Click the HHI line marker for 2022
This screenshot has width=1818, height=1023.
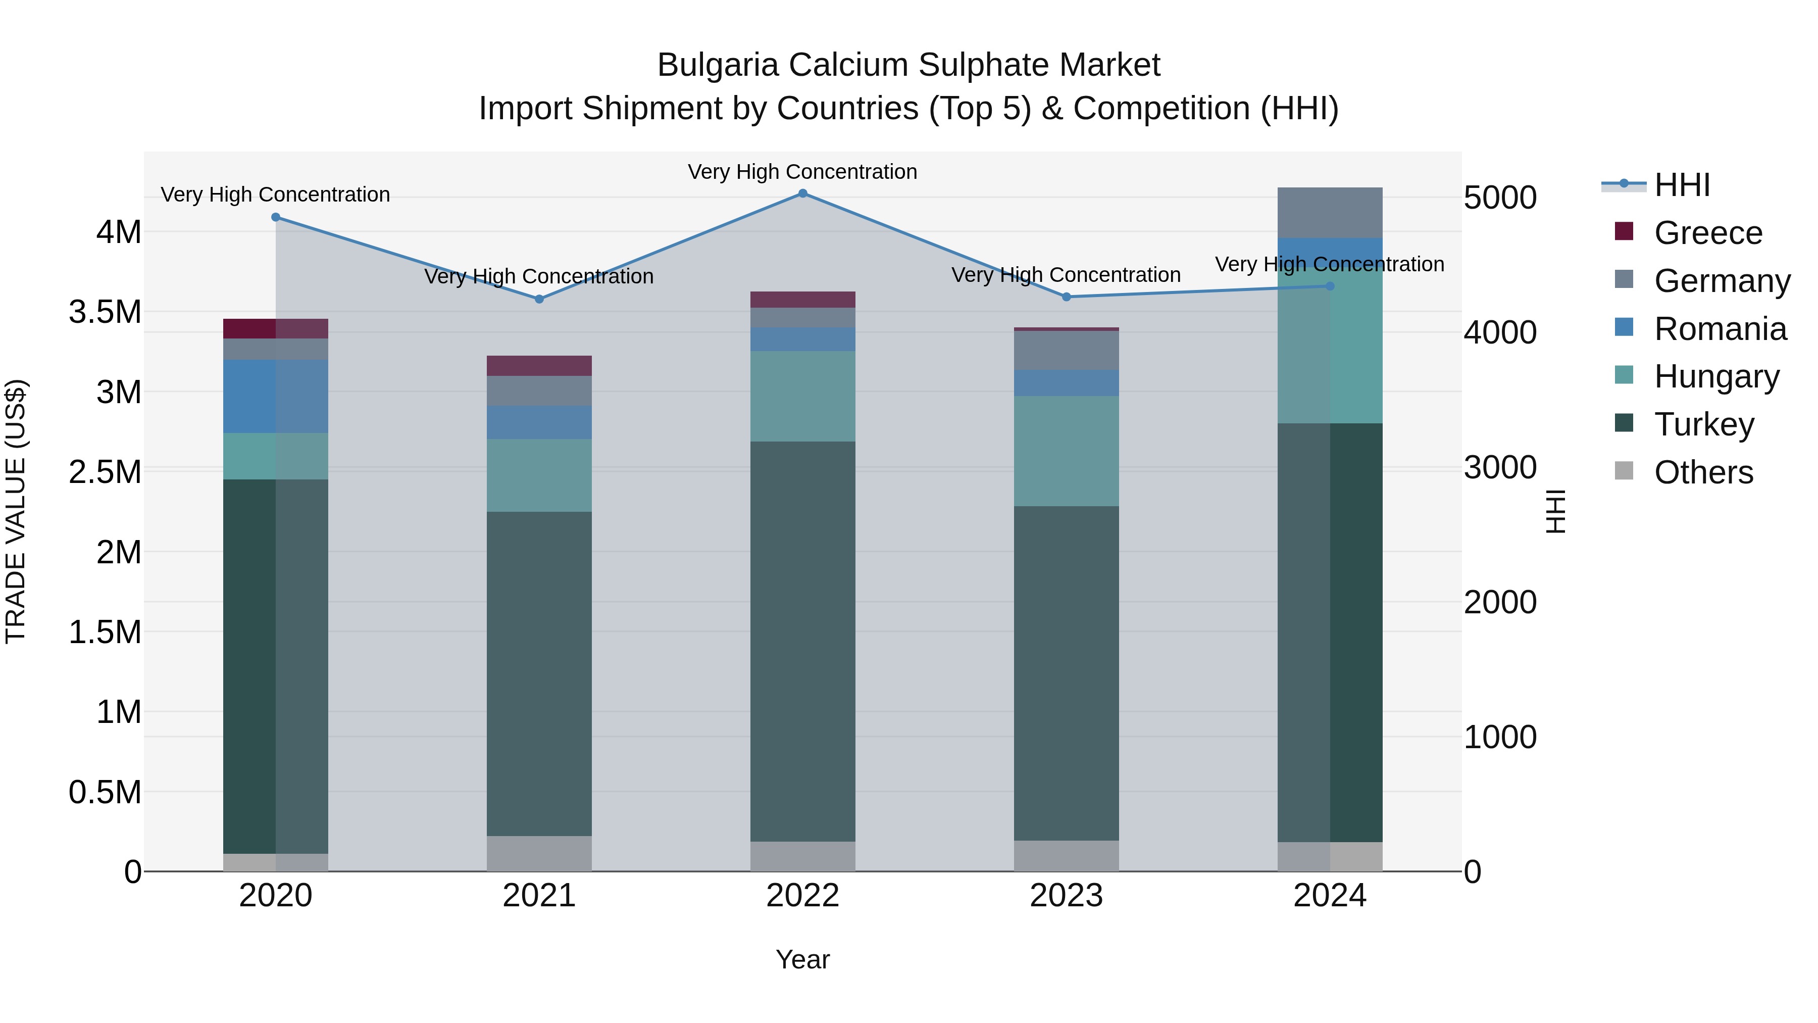(x=802, y=193)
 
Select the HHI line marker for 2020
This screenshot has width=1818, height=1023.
(x=276, y=217)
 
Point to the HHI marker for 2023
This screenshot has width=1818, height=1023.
(x=1067, y=297)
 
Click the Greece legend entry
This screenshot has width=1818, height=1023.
(x=1707, y=233)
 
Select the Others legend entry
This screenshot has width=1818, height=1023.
(x=1702, y=472)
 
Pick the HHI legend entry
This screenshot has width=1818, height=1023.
(x=1681, y=185)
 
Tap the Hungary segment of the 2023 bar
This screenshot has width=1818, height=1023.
(x=1067, y=451)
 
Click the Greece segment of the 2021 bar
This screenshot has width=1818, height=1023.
(x=539, y=366)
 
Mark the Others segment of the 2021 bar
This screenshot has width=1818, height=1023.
(x=539, y=854)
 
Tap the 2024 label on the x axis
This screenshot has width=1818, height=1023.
(x=1330, y=896)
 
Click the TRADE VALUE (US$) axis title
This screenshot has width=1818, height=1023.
(x=16, y=511)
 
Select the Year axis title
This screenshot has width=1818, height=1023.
(x=802, y=959)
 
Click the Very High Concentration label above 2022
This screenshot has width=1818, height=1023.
(x=802, y=172)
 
